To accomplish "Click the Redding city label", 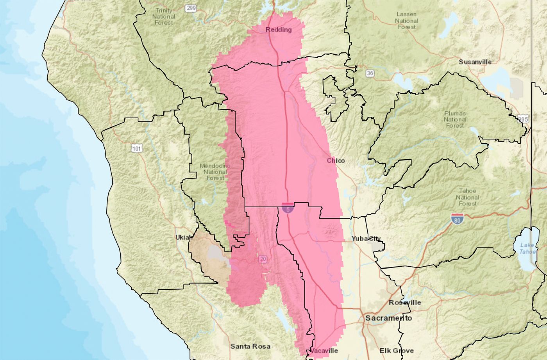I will (x=279, y=30).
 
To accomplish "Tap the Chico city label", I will (x=336, y=160).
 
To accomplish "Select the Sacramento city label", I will (x=388, y=318).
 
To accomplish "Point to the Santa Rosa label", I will (x=250, y=346).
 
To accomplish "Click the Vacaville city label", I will (x=324, y=351).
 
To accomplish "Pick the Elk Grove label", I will (x=397, y=351).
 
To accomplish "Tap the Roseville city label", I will (x=405, y=303).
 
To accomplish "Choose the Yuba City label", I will (x=366, y=239).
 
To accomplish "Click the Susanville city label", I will (x=475, y=62).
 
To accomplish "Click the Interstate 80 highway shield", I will (x=456, y=219).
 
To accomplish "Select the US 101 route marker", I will (x=137, y=148).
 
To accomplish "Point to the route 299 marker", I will (x=191, y=8).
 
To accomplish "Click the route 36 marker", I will (x=370, y=73).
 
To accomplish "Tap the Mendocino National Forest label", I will (x=215, y=172).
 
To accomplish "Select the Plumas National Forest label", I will (x=455, y=119).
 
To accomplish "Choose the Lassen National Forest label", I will (x=406, y=20).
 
